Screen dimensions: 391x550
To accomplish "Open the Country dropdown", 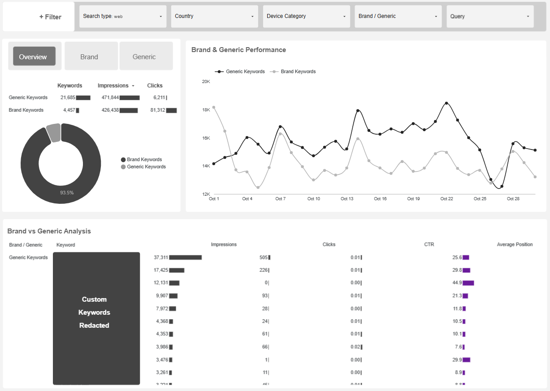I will click(x=214, y=17).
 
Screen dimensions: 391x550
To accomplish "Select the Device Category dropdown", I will click(x=306, y=17).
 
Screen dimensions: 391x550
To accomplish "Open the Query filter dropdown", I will click(x=490, y=17).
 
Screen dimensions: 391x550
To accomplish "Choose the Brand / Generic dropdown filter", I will click(x=398, y=17).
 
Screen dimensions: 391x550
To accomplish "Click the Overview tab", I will click(x=35, y=57).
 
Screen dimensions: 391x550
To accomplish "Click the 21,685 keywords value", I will click(x=68, y=97).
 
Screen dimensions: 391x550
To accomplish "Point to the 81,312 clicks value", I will click(x=157, y=110).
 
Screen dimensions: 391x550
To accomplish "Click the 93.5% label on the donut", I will click(x=67, y=193).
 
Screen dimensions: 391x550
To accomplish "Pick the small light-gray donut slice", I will click(x=53, y=132).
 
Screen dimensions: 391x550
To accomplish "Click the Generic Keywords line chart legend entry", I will click(x=245, y=71).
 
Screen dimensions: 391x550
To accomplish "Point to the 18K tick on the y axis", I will click(x=206, y=110).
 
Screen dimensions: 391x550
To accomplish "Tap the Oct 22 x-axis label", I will click(x=446, y=199).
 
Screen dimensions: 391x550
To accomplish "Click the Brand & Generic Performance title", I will click(x=238, y=50).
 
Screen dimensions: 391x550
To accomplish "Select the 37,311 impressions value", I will click(x=160, y=258).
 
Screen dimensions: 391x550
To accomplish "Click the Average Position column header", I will click(x=515, y=245).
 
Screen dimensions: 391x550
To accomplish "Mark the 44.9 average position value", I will click(x=457, y=283).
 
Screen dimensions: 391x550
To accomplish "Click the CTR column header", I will click(x=429, y=245).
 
